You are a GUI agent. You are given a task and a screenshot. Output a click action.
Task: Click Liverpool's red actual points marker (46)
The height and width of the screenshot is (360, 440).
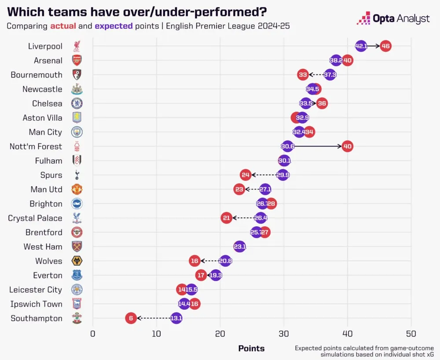(x=385, y=46)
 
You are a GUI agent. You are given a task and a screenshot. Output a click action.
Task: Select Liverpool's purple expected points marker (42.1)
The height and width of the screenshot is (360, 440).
(x=361, y=46)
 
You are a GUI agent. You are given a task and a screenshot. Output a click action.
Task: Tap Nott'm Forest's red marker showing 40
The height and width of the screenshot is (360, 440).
(x=347, y=146)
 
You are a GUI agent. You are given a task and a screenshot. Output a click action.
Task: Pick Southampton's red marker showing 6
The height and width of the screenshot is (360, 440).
(x=131, y=318)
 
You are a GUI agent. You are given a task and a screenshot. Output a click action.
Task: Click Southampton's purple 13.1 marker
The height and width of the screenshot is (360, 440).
(x=176, y=318)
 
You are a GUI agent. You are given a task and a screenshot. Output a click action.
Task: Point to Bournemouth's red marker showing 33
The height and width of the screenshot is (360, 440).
(x=303, y=75)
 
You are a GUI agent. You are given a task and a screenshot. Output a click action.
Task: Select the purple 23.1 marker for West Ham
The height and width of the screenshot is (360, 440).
(x=240, y=246)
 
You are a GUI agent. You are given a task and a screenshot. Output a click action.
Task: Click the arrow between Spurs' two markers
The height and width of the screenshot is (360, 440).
(x=264, y=175)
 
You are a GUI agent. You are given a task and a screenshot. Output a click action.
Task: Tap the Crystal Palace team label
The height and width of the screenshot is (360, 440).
(x=35, y=218)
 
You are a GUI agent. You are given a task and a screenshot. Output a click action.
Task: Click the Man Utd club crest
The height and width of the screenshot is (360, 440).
(x=77, y=189)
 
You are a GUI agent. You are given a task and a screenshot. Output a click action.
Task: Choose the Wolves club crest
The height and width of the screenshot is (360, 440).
(x=77, y=261)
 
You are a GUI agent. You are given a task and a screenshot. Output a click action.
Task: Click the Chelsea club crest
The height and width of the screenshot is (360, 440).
(x=77, y=103)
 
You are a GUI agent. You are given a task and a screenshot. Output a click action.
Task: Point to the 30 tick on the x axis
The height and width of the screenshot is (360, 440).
(x=284, y=333)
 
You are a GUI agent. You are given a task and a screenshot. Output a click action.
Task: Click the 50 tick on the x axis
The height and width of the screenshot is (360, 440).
(x=411, y=333)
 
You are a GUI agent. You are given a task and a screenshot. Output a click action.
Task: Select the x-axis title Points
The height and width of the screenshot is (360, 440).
(x=251, y=349)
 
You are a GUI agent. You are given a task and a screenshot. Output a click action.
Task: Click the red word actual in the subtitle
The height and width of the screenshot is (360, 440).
(x=64, y=26)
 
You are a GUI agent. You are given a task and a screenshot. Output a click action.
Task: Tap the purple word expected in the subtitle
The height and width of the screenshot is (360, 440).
(x=114, y=26)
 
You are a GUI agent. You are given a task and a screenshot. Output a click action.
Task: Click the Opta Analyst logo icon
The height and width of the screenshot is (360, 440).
(x=363, y=18)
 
